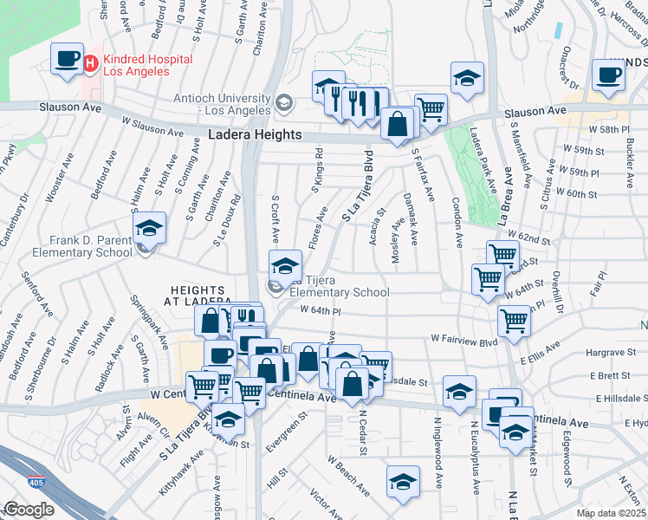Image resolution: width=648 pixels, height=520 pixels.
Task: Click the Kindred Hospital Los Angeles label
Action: pos(136,65)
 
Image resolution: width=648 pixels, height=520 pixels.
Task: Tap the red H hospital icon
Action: pos(91,62)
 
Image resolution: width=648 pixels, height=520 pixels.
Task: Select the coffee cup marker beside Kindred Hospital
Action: pos(66,59)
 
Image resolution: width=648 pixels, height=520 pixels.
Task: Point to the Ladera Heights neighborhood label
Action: pos(255,134)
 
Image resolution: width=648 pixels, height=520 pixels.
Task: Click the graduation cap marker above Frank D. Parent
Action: pos(149,229)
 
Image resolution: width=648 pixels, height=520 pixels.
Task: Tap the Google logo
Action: pos(29,510)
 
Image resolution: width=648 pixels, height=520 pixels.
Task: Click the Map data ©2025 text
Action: pos(611,513)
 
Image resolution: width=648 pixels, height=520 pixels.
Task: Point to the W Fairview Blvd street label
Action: pos(464,341)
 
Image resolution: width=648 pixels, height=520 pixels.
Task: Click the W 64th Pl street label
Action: pos(321,310)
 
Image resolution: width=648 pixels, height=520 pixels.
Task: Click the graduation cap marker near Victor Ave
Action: pos(403,482)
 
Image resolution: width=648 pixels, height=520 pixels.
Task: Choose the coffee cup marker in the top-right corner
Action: pos(607,75)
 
